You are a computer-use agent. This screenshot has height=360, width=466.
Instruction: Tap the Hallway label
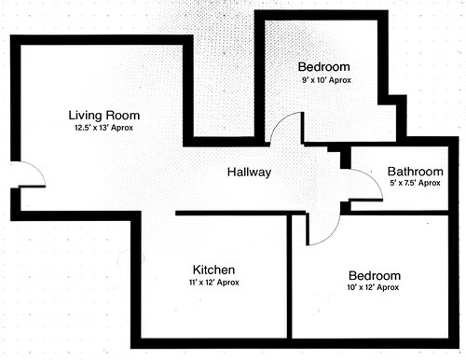click(249, 173)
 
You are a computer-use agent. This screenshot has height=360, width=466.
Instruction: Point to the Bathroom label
click(415, 172)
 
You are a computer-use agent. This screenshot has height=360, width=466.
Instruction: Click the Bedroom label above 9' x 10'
click(323, 67)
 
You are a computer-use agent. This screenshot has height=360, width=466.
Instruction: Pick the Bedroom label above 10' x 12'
click(374, 276)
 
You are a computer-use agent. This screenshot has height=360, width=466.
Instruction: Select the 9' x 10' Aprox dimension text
click(323, 81)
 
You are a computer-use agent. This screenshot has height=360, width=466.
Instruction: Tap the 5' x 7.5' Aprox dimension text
click(415, 184)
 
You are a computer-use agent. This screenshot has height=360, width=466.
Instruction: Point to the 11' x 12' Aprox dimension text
click(213, 282)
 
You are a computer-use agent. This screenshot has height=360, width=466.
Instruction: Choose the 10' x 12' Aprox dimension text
click(374, 289)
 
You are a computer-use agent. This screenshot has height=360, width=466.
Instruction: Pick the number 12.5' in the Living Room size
click(83, 128)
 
